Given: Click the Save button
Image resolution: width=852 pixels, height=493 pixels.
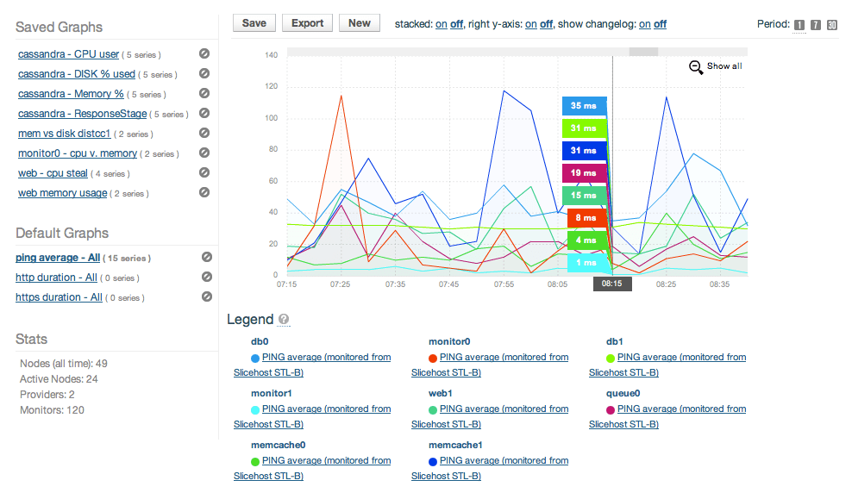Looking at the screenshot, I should click(x=254, y=23).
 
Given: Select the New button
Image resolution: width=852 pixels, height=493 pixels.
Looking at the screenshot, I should click(x=360, y=23).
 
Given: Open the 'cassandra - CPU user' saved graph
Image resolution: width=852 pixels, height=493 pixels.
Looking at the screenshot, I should click(x=68, y=54).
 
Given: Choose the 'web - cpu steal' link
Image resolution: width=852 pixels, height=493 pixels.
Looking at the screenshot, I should click(x=53, y=173).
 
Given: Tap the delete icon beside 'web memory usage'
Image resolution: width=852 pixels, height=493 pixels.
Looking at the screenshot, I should click(x=204, y=192).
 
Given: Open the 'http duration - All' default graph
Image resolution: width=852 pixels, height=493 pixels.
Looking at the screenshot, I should click(x=56, y=278).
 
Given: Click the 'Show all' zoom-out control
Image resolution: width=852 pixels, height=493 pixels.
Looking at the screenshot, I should click(x=715, y=66).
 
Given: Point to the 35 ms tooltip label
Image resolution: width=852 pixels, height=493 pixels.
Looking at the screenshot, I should click(x=584, y=106).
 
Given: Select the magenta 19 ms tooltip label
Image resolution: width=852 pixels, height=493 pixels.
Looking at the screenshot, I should click(x=584, y=173).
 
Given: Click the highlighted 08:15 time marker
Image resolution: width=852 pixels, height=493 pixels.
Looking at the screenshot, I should click(x=612, y=284).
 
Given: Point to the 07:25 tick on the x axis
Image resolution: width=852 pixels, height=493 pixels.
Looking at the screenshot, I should click(x=340, y=284).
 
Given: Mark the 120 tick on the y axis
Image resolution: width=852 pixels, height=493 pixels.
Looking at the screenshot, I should click(x=271, y=86).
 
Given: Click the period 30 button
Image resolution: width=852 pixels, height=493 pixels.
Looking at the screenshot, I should click(x=831, y=25).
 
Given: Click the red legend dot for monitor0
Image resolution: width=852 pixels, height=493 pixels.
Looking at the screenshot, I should click(x=433, y=358).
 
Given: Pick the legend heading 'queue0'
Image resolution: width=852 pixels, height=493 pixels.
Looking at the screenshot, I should click(x=623, y=393).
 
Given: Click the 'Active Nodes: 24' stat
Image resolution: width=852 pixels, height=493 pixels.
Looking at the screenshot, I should click(x=59, y=379).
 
